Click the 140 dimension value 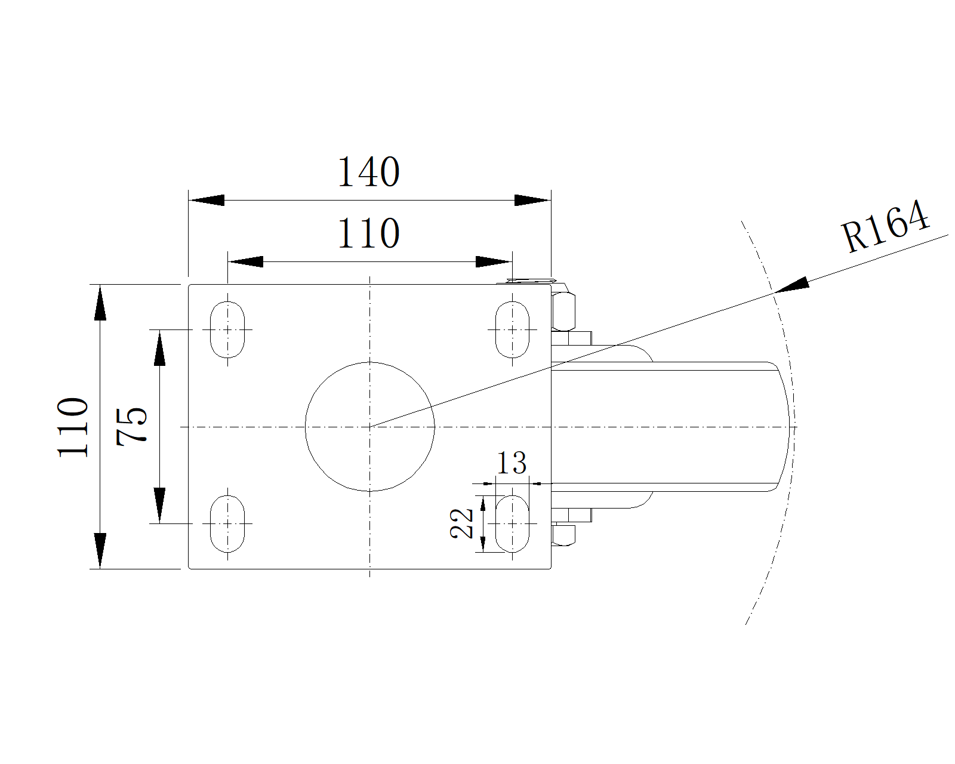368,172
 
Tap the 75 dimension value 132,426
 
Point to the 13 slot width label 512,463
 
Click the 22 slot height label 462,523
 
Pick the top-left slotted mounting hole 227,330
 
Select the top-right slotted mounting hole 512,330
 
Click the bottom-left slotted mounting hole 227,523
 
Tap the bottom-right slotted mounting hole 512,523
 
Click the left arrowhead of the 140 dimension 207,201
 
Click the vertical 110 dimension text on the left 73,426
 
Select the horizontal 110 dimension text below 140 368,233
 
